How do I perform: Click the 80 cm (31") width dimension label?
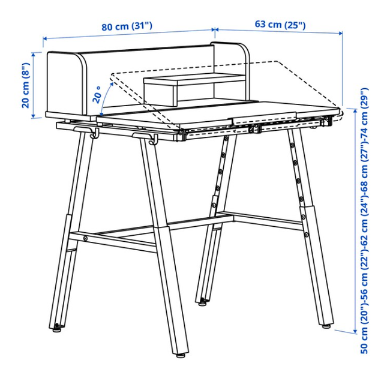click(x=127, y=26)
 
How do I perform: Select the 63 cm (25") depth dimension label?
click(x=280, y=25)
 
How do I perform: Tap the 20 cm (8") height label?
click(x=26, y=85)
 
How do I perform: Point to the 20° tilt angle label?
click(x=97, y=95)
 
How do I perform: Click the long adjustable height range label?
click(x=364, y=220)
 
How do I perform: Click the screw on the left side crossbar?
click(x=85, y=238)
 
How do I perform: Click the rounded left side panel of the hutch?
click(x=67, y=83)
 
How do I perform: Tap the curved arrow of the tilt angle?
click(x=105, y=98)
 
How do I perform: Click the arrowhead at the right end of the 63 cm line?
click(x=340, y=34)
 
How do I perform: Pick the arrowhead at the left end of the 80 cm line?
click(x=45, y=38)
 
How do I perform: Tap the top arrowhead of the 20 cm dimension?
click(x=34, y=55)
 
